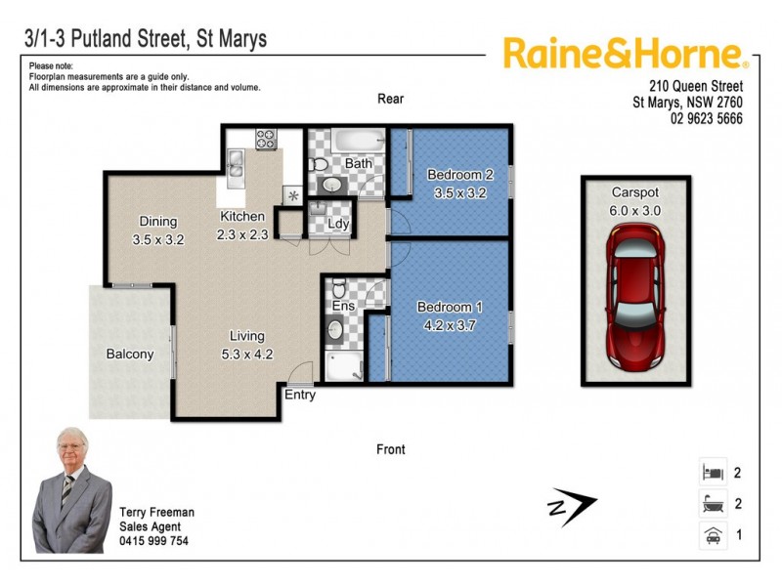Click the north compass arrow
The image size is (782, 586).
pos(571,507)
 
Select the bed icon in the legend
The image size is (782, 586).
pos(711,473)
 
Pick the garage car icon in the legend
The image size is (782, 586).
pos(711,534)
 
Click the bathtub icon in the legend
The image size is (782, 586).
pos(711,504)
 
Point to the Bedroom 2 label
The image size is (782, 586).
pos(459,176)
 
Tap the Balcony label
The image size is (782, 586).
pos(130,355)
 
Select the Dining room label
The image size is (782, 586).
pos(157,221)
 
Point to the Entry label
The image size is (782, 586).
pos(300,396)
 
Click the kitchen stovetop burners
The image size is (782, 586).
pos(267,139)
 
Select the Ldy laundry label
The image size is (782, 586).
pos(339,225)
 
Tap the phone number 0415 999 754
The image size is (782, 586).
pos(153,541)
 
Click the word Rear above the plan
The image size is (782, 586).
pos(391,99)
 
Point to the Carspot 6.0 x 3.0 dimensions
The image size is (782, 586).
pos(635,210)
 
